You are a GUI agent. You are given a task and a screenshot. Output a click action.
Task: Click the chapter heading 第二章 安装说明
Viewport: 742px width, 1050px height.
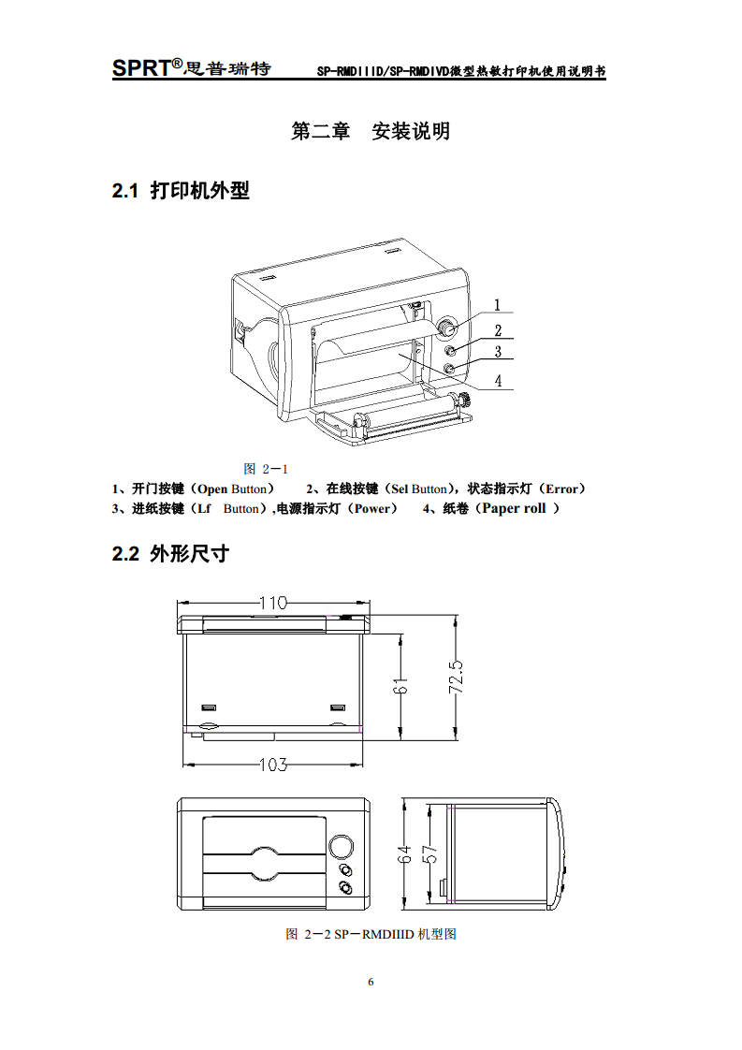pos(371,131)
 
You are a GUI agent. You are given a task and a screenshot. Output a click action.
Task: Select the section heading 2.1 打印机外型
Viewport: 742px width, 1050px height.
pos(181,191)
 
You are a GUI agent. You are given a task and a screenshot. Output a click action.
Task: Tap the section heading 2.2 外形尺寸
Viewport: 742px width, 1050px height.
pos(170,554)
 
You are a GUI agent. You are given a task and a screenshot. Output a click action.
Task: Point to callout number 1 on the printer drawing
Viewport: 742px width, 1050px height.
pos(498,304)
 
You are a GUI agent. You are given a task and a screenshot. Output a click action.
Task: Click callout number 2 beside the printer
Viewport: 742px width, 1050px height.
pos(498,329)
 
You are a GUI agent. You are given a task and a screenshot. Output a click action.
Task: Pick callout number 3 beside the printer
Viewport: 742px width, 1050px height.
pos(498,352)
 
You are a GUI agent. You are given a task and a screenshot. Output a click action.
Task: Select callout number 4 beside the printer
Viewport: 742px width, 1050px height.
pos(498,381)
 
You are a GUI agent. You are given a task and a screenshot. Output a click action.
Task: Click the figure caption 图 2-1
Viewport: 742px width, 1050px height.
pos(265,469)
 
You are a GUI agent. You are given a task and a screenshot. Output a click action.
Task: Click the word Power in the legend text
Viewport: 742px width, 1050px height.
pos(371,509)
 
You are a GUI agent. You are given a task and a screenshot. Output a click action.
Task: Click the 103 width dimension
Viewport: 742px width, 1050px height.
pos(271,765)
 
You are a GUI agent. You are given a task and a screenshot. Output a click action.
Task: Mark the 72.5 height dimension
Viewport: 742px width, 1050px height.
pos(457,677)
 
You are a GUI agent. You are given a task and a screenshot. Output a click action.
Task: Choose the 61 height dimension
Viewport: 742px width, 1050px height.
pos(400,687)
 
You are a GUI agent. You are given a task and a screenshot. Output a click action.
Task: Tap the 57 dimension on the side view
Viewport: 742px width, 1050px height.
pos(429,853)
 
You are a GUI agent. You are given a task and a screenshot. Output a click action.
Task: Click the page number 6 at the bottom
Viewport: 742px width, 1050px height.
pos(371,982)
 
